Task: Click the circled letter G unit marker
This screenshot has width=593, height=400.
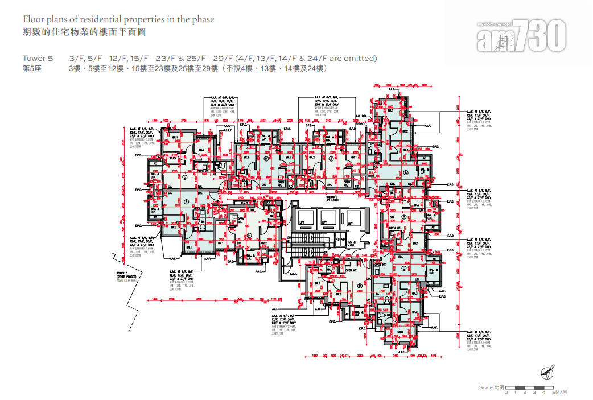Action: point(185,177)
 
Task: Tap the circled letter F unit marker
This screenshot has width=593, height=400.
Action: point(186,201)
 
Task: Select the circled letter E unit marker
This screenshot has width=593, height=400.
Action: point(249,236)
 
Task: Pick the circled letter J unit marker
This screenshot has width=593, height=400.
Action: point(331,159)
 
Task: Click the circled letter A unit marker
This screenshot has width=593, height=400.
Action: point(406,172)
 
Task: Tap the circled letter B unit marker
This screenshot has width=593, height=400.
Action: point(403,217)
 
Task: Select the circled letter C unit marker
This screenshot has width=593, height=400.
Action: point(403,269)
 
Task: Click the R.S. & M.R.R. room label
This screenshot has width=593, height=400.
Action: point(352,243)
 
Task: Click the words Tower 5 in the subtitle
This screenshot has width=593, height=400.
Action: point(38,59)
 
